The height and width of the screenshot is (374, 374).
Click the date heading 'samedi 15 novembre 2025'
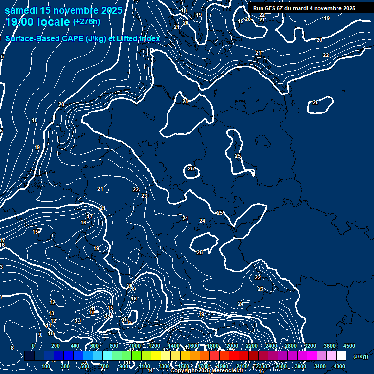tap(63, 10)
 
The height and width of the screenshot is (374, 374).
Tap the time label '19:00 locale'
tap(37, 22)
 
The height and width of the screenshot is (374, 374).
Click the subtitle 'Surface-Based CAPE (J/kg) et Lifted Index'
tap(83, 38)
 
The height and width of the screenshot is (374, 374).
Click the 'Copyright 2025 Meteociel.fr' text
tap(206, 370)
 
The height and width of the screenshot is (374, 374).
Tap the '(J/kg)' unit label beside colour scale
tap(360, 357)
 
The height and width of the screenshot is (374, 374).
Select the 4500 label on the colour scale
tap(349, 346)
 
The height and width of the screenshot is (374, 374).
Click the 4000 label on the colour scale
tap(339, 366)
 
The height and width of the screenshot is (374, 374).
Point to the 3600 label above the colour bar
tap(330, 346)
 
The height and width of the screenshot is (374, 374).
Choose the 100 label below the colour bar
tap(46, 366)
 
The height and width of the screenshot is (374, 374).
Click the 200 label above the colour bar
tap(56, 346)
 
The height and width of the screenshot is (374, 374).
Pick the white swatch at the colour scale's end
tap(341, 356)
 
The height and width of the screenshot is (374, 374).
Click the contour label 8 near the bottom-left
tap(12, 348)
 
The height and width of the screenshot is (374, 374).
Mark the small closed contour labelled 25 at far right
tap(320, 105)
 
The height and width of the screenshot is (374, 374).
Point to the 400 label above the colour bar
tap(75, 346)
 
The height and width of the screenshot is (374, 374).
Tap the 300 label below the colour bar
tap(65, 366)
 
